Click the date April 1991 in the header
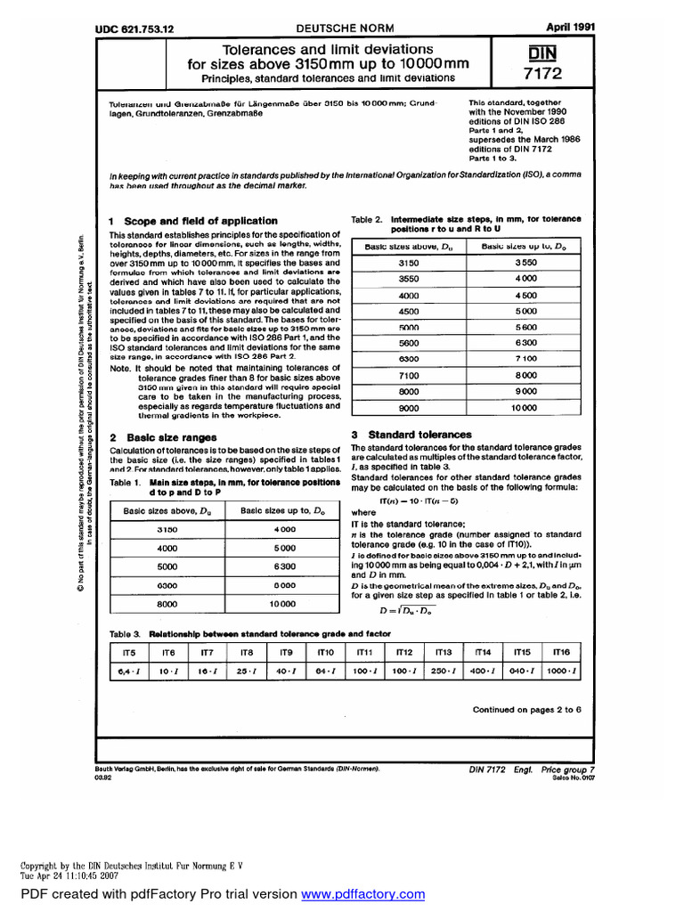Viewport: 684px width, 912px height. coord(554,28)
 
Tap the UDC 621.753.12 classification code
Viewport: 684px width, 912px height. coord(134,29)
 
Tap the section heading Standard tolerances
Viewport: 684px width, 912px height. coord(420,434)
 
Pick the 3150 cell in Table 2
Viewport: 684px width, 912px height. coord(408,264)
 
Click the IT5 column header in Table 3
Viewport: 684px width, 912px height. coord(127,653)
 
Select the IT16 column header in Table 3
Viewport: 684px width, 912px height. coord(561,653)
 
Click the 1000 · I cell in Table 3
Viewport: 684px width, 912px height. coord(561,671)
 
